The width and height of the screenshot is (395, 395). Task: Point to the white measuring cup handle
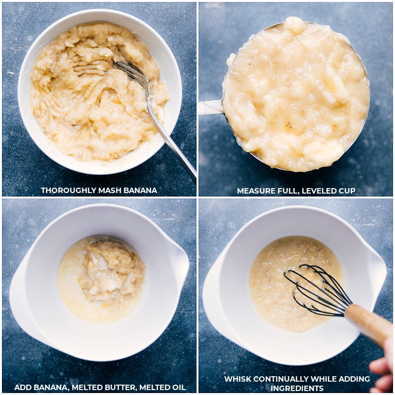211,107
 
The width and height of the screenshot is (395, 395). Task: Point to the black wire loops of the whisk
317,290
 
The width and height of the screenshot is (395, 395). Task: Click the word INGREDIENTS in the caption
297,388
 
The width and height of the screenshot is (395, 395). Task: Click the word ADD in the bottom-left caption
23,388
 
